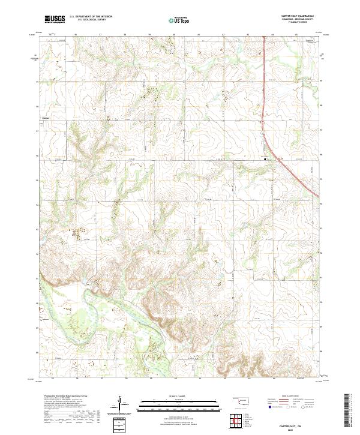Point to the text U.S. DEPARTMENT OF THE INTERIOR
click(91, 17)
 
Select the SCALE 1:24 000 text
click(179, 395)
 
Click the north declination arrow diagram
click(120, 404)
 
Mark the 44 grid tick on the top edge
click(272, 35)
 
